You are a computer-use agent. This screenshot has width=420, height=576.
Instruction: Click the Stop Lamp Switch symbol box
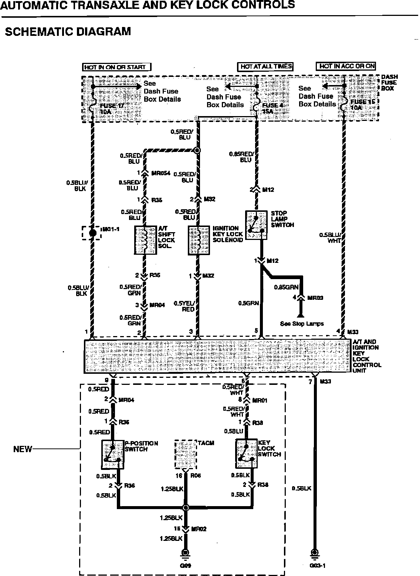click(256, 225)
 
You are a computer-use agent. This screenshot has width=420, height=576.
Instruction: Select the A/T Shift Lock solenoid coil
click(145, 240)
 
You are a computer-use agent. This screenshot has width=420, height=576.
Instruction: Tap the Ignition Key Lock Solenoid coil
click(199, 240)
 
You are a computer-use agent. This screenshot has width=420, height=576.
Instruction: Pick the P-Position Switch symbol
click(112, 454)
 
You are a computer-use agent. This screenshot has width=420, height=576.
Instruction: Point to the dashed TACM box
click(186, 454)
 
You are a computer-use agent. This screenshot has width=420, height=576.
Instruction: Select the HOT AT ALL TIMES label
click(265, 67)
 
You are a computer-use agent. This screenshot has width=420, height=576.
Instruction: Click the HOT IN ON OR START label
click(116, 67)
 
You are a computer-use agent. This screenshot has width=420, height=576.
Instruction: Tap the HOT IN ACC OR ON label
click(346, 66)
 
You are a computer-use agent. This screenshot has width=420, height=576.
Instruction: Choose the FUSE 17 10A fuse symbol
click(93, 105)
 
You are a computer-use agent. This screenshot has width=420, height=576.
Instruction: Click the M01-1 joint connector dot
click(93, 233)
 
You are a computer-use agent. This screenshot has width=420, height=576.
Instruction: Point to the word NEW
click(23, 449)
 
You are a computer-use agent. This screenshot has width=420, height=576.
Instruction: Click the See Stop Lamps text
click(302, 324)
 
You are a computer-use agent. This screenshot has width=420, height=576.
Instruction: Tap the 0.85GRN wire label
click(286, 287)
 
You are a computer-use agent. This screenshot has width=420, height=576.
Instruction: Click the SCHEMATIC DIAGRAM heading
click(68, 31)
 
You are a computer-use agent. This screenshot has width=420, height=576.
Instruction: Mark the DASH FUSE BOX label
click(389, 82)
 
